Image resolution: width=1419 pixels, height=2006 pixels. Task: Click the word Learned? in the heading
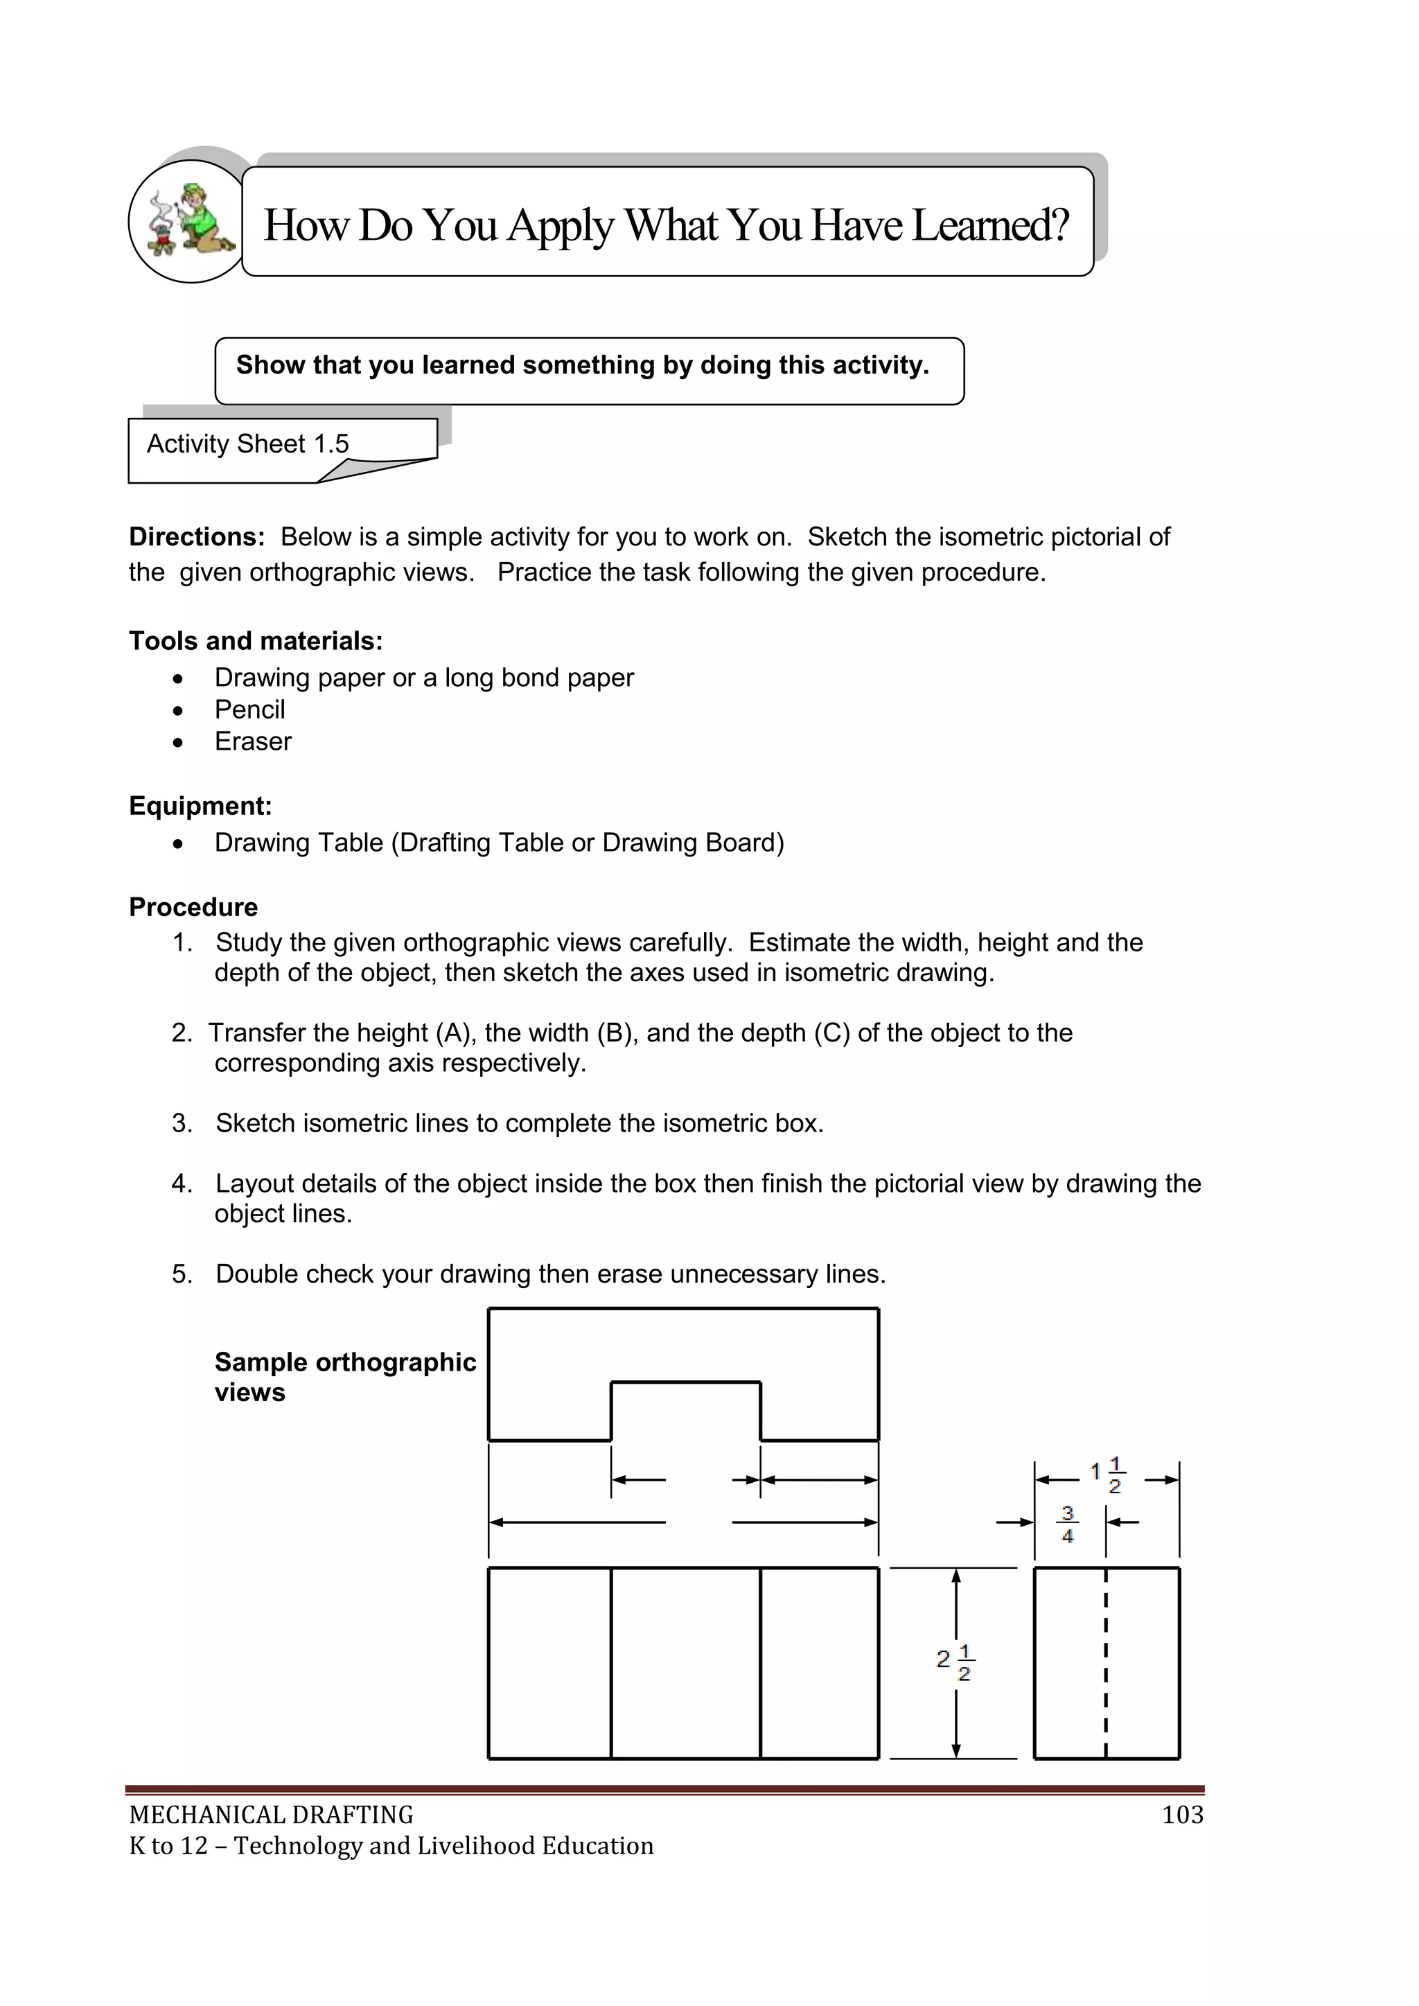tap(990, 225)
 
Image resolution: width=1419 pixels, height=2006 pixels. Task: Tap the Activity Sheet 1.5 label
tap(247, 444)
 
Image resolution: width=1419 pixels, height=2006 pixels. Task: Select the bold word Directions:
tap(197, 536)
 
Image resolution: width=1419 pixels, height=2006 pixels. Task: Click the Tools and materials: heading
tap(256, 641)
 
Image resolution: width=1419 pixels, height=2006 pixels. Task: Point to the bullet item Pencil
tap(250, 710)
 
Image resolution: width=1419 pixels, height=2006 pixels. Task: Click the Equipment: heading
tap(200, 806)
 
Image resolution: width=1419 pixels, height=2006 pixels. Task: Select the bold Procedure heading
tap(193, 907)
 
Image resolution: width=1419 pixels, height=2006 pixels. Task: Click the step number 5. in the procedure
tap(182, 1274)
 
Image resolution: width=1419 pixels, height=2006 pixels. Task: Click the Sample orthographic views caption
tap(344, 1376)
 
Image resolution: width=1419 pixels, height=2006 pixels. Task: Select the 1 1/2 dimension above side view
tap(1107, 1474)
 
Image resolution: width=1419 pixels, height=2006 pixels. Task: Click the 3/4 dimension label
tap(1067, 1523)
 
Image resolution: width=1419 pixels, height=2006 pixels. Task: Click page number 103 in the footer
tap(1182, 1815)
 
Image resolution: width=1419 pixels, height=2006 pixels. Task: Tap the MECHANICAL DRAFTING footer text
tap(271, 1815)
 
